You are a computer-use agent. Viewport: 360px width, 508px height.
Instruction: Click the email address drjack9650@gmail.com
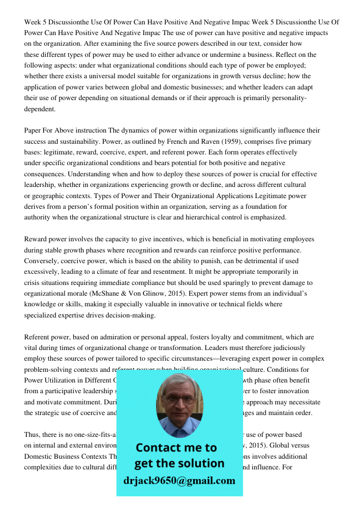(x=179, y=481)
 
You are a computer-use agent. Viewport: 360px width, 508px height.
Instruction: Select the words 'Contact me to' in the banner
(x=176, y=448)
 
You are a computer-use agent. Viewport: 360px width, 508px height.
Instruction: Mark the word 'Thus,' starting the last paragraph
(x=33, y=435)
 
